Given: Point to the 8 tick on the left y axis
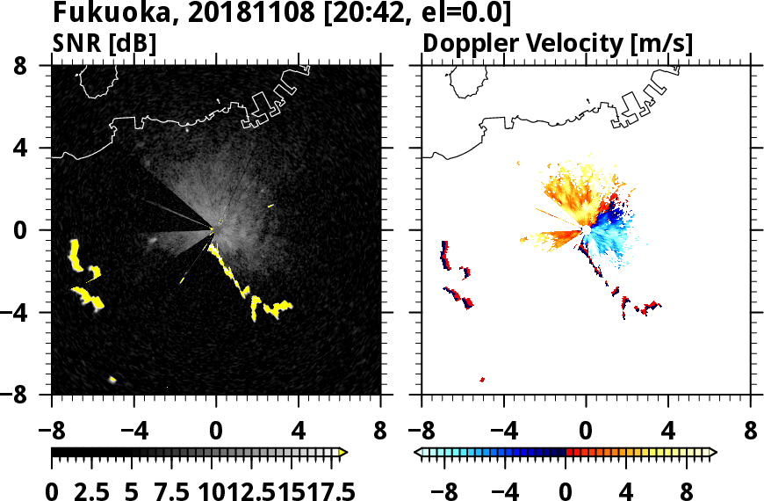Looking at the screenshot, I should tap(36, 66).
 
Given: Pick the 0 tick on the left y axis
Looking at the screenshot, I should tap(36, 230).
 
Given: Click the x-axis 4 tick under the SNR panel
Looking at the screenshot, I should tap(299, 432).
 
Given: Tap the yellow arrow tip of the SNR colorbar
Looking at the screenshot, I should tap(343, 452).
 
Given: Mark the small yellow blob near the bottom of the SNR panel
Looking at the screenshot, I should tap(112, 379).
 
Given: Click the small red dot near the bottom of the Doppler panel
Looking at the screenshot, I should tap(482, 380).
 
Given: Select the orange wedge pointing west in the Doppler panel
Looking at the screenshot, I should tap(549, 236).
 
